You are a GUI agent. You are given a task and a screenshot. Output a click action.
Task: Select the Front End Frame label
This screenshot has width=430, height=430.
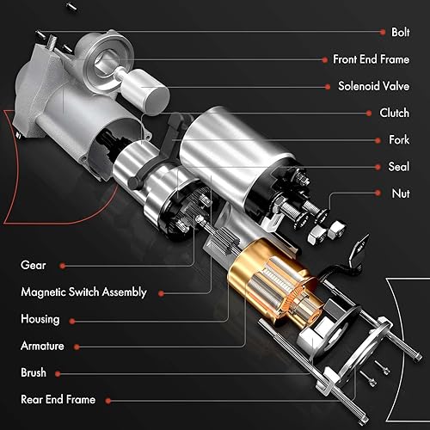[x=370, y=59]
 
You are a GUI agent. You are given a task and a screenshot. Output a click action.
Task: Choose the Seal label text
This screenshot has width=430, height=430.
[x=397, y=166]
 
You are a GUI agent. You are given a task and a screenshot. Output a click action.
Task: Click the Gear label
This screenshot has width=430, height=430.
[x=34, y=266]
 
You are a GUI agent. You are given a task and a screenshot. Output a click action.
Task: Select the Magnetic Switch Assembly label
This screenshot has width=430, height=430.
[x=83, y=292]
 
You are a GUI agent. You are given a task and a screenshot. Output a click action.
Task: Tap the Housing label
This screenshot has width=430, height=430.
[x=40, y=319]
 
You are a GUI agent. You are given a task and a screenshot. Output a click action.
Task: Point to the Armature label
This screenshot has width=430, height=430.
[x=43, y=346]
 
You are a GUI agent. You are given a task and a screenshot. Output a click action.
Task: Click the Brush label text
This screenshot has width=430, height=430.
[x=34, y=372]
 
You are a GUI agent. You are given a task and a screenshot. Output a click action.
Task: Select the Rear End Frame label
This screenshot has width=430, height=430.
[x=58, y=399]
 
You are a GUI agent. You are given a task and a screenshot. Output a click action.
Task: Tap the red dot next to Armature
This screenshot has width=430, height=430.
[x=76, y=346]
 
